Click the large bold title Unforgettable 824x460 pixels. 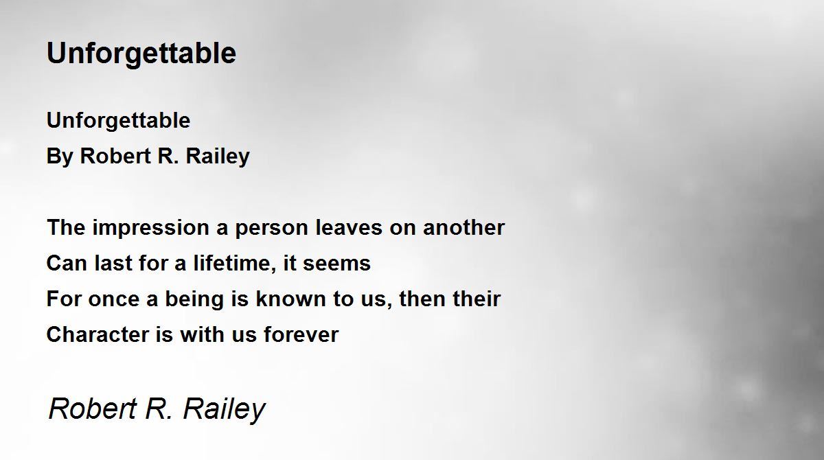point(141,54)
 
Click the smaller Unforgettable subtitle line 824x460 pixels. point(118,121)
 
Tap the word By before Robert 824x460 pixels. point(60,157)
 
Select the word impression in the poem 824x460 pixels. point(151,229)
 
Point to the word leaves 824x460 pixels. point(349,228)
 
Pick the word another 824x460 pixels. point(464,228)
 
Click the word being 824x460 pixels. point(194,299)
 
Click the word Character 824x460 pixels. point(98,334)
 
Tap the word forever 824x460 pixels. point(301,334)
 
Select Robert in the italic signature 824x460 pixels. point(93,408)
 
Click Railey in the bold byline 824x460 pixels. point(218,157)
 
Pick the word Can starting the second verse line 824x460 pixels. point(67,263)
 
